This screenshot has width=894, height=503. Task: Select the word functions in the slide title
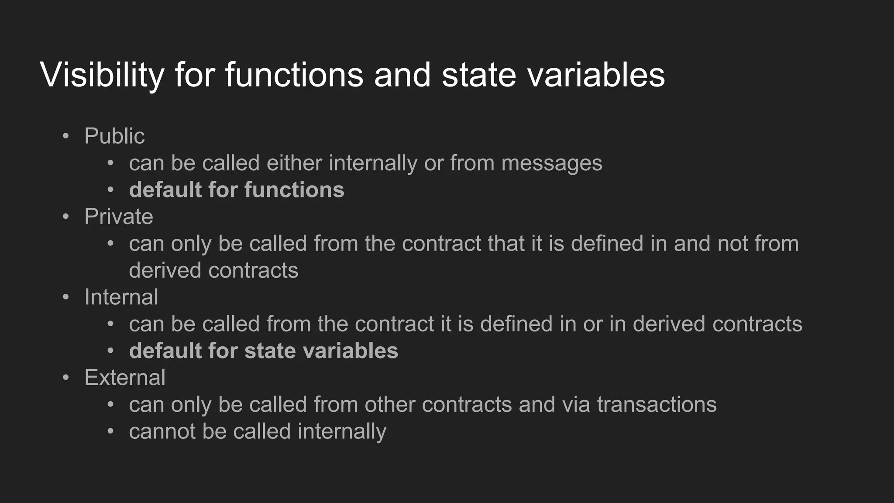tap(294, 75)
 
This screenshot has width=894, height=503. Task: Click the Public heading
tap(114, 136)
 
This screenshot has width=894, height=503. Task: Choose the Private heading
tap(119, 217)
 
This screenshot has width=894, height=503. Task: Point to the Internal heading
tap(121, 297)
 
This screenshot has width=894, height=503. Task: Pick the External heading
tap(125, 378)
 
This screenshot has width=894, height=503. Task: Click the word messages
tap(551, 163)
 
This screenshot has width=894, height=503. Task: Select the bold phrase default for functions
tap(237, 190)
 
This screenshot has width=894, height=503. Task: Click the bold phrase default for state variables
tap(263, 351)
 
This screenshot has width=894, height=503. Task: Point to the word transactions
tap(657, 404)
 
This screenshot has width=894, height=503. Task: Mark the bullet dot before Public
tap(66, 136)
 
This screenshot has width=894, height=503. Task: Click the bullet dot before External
tap(66, 378)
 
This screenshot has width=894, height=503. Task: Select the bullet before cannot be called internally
tap(110, 431)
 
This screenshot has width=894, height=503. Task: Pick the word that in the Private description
tap(506, 244)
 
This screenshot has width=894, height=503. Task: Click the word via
tap(576, 404)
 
